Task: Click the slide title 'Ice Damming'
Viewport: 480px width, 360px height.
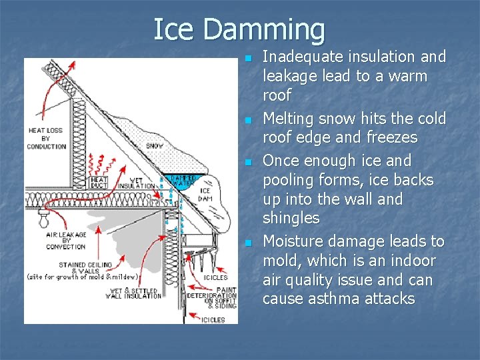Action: point(239,30)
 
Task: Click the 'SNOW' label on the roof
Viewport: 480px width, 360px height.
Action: point(154,146)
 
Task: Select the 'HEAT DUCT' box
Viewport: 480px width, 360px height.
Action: point(99,183)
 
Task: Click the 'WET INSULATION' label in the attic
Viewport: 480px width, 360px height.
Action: point(137,183)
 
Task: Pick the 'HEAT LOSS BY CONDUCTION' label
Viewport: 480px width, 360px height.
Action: point(47,138)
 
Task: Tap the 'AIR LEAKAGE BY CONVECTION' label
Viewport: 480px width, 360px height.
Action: point(65,240)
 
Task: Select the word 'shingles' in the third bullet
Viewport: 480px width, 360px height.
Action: point(291,218)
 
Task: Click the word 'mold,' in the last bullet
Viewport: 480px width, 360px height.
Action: point(282,260)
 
